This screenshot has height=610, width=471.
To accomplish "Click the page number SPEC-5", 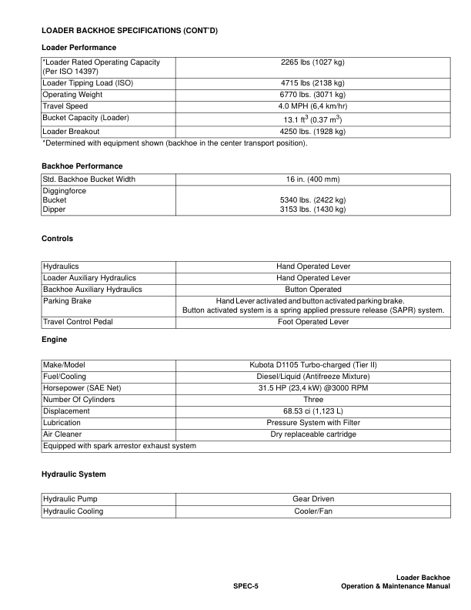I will point(246,587).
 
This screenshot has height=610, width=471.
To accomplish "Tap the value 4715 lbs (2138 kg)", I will point(312,82).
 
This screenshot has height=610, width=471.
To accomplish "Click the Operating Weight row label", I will point(72,94).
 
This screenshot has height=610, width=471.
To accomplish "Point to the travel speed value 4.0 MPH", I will point(312,106).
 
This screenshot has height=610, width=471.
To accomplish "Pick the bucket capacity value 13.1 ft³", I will point(312,119).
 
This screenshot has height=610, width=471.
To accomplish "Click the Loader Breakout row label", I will point(68,131).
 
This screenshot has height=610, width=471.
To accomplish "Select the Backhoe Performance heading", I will point(82,166).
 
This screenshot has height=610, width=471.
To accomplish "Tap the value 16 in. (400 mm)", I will point(312,179).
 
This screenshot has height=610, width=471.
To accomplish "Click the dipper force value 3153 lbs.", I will point(312,209).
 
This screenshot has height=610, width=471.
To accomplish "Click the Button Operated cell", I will point(312,289).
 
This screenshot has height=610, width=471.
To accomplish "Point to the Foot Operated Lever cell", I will point(312,322).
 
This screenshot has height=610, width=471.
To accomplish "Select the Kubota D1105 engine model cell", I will point(312,364).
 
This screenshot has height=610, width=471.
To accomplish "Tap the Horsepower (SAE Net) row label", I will point(82,387).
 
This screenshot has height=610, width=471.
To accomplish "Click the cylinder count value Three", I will point(312,400).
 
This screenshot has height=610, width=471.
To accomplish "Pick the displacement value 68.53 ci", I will point(312,411).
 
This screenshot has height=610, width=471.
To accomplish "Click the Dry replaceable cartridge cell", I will point(312,434).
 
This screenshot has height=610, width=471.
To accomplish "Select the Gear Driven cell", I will point(312,499).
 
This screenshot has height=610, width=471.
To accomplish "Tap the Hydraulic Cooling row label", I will point(73,511).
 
